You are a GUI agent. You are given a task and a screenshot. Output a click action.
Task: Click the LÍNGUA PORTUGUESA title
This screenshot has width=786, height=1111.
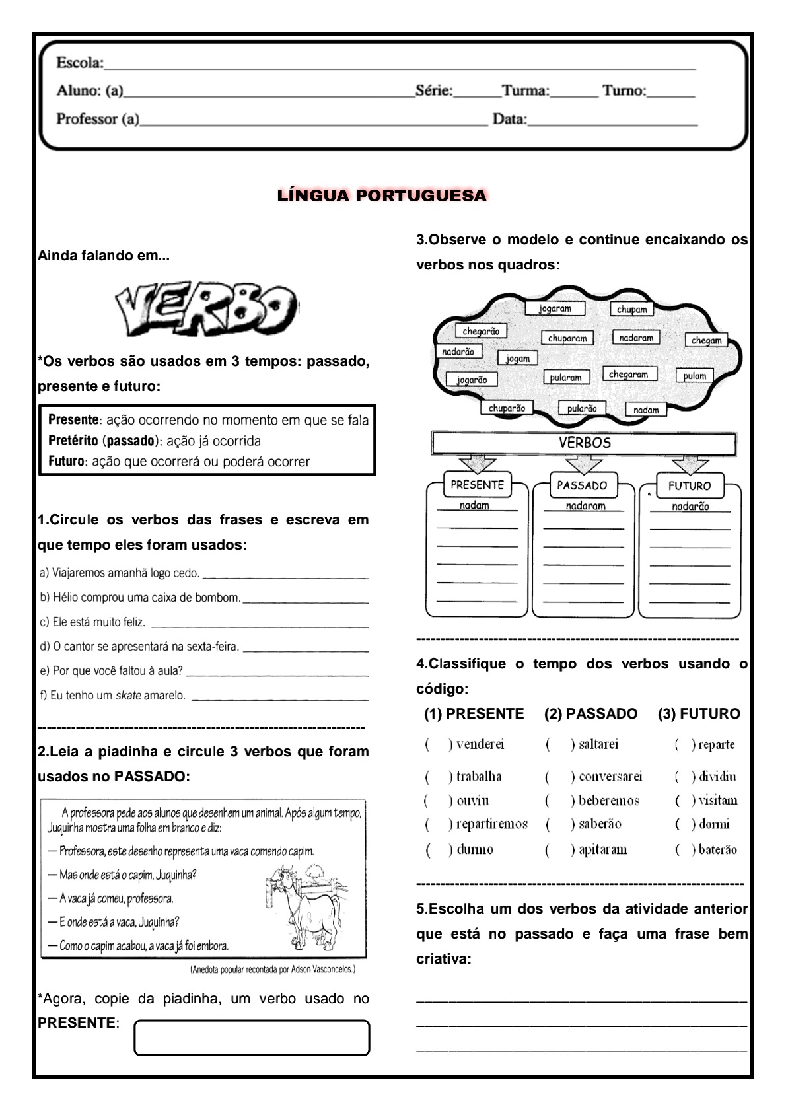(x=382, y=196)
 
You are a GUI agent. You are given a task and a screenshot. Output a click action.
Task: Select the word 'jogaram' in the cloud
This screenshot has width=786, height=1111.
(x=555, y=308)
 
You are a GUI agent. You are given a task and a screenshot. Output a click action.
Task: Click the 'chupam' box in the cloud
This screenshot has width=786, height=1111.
(x=631, y=309)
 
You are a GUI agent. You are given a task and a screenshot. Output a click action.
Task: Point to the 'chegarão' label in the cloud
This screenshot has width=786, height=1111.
(x=480, y=331)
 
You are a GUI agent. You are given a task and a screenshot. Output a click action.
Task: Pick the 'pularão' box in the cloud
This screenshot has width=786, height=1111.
(x=581, y=408)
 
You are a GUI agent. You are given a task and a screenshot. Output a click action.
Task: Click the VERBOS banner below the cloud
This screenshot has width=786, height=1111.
(x=584, y=443)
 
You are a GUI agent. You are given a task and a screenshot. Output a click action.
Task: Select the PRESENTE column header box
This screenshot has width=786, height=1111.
(x=477, y=485)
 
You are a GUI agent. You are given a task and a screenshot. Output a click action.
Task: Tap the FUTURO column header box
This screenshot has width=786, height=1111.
(x=689, y=485)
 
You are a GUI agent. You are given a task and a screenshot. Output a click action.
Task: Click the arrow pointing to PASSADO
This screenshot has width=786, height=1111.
(x=583, y=464)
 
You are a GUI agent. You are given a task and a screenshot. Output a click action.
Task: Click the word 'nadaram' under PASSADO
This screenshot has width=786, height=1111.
(x=585, y=506)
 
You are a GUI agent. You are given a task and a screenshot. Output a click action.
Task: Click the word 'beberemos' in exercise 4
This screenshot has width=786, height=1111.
(x=609, y=801)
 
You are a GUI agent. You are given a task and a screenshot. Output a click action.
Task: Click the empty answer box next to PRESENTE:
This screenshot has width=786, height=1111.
(x=252, y=1038)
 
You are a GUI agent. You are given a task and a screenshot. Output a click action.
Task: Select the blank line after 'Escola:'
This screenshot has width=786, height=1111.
(x=400, y=64)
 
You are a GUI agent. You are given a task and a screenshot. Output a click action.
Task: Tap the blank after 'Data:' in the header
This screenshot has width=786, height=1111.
(x=612, y=120)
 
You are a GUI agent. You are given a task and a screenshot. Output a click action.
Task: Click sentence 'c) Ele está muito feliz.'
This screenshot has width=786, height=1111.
(x=92, y=622)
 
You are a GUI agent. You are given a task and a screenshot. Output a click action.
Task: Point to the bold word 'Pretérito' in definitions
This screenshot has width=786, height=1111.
(x=73, y=441)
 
